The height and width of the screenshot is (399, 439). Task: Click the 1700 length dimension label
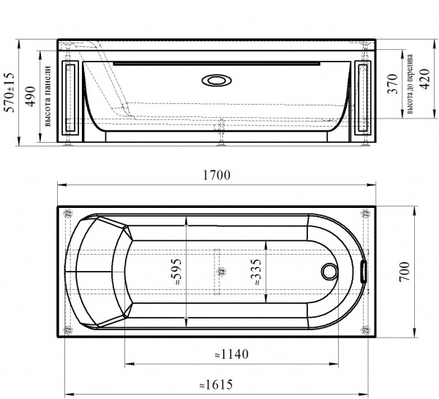point(217,175)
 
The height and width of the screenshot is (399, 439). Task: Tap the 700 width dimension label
point(405,272)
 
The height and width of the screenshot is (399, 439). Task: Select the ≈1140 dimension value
point(231,354)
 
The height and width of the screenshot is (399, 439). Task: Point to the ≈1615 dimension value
point(216,384)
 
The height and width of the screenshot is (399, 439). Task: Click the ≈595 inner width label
point(176,272)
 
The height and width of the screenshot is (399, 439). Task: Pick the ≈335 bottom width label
point(255,272)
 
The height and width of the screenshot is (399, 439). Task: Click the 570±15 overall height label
point(10,92)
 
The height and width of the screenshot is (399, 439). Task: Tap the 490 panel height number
point(30,96)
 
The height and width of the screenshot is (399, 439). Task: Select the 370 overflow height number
point(392,83)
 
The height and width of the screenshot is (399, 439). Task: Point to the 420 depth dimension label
point(425,79)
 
